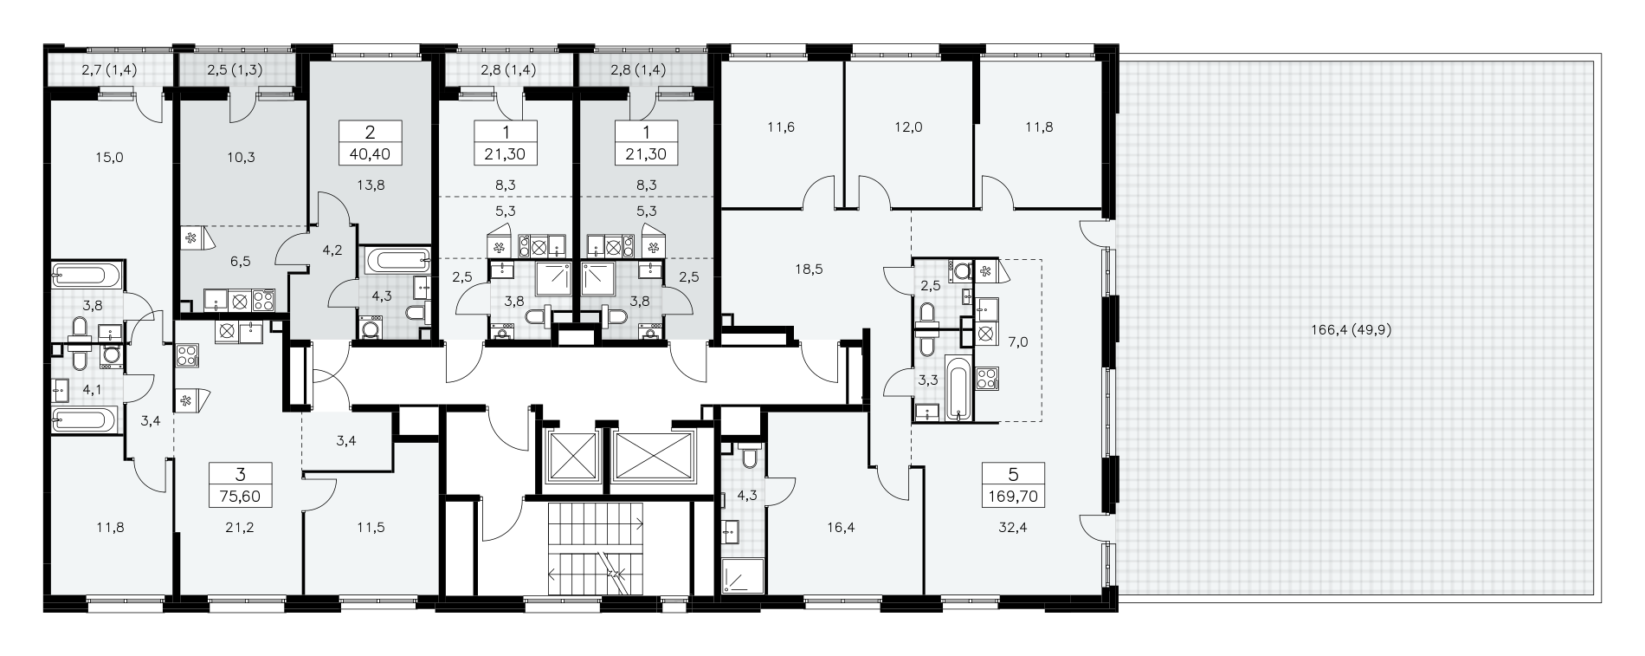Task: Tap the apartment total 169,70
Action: click(1013, 497)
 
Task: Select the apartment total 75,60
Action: click(241, 497)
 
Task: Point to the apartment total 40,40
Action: click(370, 155)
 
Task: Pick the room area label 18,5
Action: click(809, 270)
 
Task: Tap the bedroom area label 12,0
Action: click(909, 127)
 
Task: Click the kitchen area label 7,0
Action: click(1018, 342)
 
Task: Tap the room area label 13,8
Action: click(370, 185)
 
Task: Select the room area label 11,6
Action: click(781, 127)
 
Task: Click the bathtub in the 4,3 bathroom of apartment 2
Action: click(397, 258)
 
